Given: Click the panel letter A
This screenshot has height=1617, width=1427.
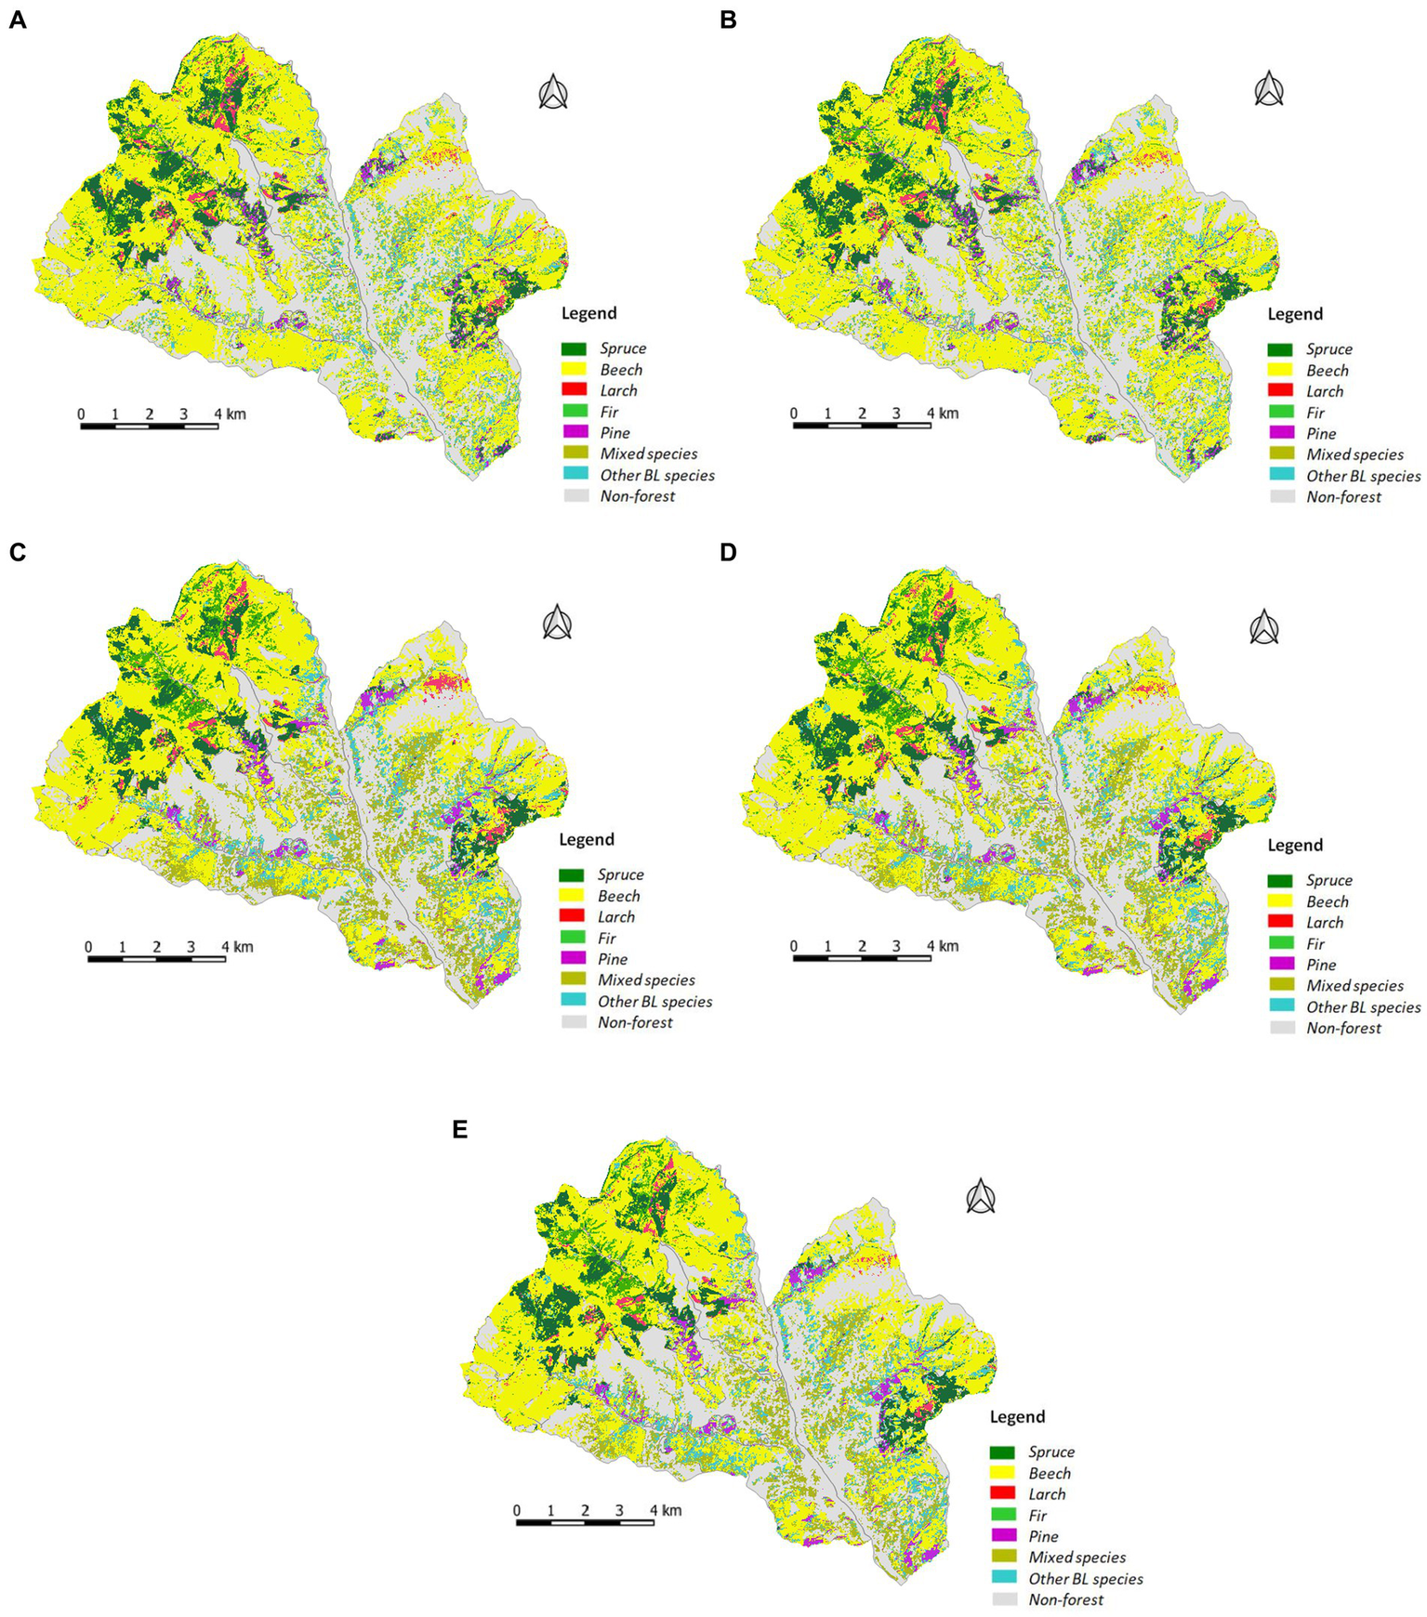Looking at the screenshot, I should pyautogui.click(x=17, y=20).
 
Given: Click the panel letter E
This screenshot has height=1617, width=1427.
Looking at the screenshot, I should pyautogui.click(x=459, y=1129).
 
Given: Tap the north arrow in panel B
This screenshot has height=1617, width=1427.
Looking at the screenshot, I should pyautogui.click(x=1269, y=90).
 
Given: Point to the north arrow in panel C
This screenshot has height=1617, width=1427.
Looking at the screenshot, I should pyautogui.click(x=557, y=623).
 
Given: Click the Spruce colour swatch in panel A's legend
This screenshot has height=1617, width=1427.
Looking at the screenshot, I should pyautogui.click(x=574, y=348).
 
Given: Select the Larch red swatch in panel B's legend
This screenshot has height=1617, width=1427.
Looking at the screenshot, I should pyautogui.click(x=1281, y=391).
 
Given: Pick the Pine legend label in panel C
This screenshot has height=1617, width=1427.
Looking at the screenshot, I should pyautogui.click(x=612, y=959).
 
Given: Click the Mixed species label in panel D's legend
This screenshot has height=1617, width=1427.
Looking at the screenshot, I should pyautogui.click(x=1354, y=985).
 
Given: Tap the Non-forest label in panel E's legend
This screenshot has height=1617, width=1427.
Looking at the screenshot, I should pyautogui.click(x=1065, y=1599).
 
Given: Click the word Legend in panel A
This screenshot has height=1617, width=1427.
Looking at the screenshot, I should pyautogui.click(x=588, y=313).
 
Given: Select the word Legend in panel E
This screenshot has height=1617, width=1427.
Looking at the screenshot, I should pyautogui.click(x=1017, y=1416).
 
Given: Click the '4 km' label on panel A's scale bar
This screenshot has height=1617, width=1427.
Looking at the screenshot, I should pyautogui.click(x=229, y=414).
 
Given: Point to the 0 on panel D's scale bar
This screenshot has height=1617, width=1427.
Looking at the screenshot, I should pyautogui.click(x=794, y=946).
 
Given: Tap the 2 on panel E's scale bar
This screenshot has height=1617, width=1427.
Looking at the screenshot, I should pyautogui.click(x=585, y=1510).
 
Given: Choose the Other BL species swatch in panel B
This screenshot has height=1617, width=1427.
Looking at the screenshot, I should pyautogui.click(x=1281, y=476).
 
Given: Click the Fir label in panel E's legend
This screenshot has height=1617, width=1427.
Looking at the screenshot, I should pyautogui.click(x=1037, y=1515).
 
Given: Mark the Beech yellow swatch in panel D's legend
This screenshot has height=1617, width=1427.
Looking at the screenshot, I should pyautogui.click(x=1281, y=901).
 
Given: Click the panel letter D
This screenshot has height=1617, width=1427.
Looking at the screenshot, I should pyautogui.click(x=728, y=552).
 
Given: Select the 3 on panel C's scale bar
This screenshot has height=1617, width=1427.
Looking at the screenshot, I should pyautogui.click(x=191, y=947).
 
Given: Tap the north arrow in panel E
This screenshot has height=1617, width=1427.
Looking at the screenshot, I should pyautogui.click(x=981, y=1196).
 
